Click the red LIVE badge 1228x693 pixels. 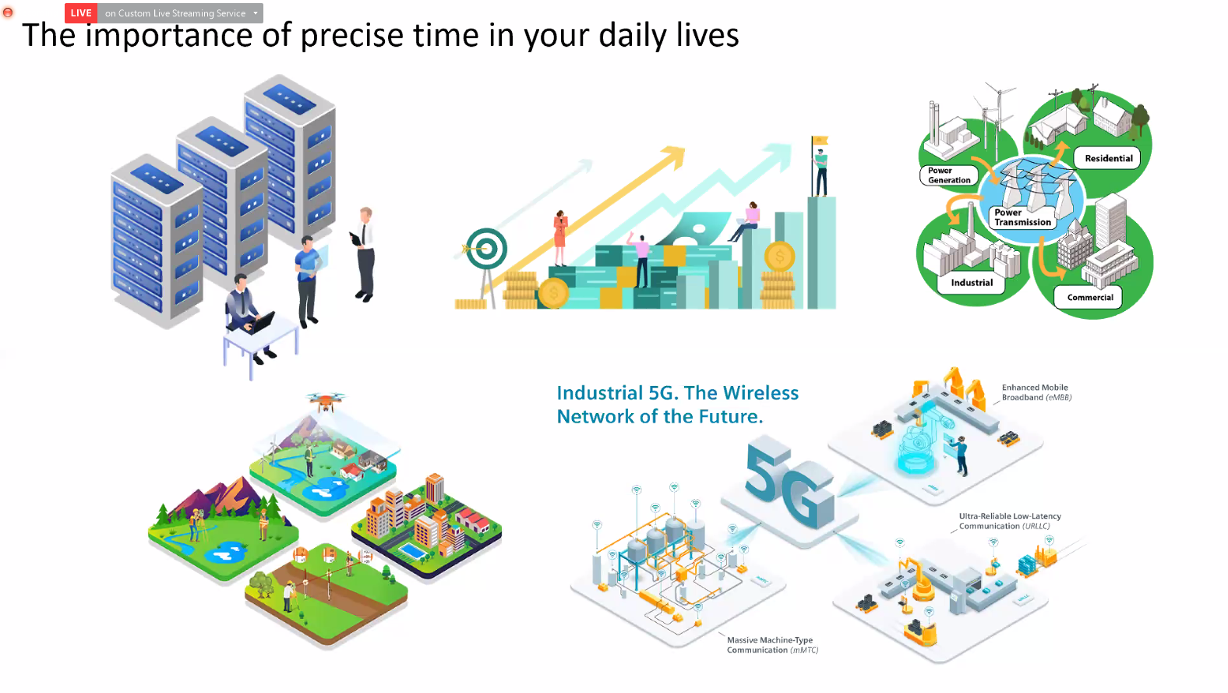[x=81, y=13]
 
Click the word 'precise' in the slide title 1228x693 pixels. [x=352, y=36]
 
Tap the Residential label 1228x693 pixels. [x=1108, y=158]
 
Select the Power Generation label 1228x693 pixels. [x=949, y=175]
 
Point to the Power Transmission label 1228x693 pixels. [x=1022, y=217]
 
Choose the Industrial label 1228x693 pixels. [x=972, y=283]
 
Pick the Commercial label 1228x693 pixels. [x=1089, y=297]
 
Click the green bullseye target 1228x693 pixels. [x=485, y=249]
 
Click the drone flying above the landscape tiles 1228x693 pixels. [x=325, y=400]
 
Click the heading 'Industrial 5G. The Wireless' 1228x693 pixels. [x=678, y=393]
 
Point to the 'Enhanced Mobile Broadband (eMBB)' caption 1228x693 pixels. [x=1036, y=393]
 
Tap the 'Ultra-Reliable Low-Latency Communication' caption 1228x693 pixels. [x=1010, y=522]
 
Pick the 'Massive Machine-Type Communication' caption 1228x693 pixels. [x=772, y=645]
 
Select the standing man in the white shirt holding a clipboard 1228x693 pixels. [x=363, y=254]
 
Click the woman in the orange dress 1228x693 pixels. [x=559, y=238]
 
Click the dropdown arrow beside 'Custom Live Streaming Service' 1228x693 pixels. [x=256, y=13]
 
